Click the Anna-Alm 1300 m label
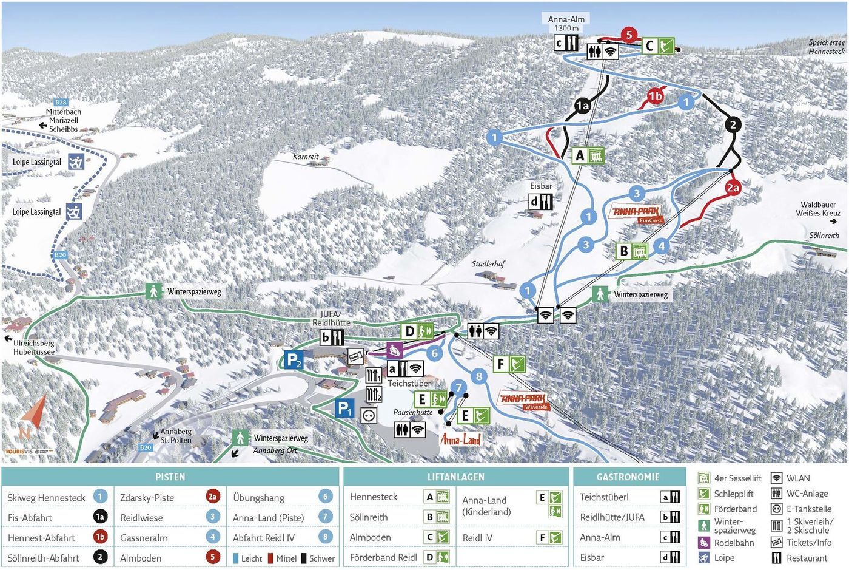pos(566,23)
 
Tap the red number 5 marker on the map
pos(629,35)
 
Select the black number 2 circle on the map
pos(733,124)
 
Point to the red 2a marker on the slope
pos(733,188)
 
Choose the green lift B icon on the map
pos(632,251)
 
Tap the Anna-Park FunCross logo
pos(636,213)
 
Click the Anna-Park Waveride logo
pos(523,401)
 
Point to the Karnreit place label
pos(306,157)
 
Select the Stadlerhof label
pos(488,264)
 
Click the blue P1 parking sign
pos(344,409)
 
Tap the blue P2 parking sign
pos(294,360)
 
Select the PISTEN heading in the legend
pos(170,477)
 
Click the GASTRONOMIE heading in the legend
pos(628,477)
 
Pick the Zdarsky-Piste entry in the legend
pos(147,497)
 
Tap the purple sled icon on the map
pos(395,350)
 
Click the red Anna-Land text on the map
pos(460,439)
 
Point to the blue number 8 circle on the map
pos(479,376)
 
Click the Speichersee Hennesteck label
pos(826,47)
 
